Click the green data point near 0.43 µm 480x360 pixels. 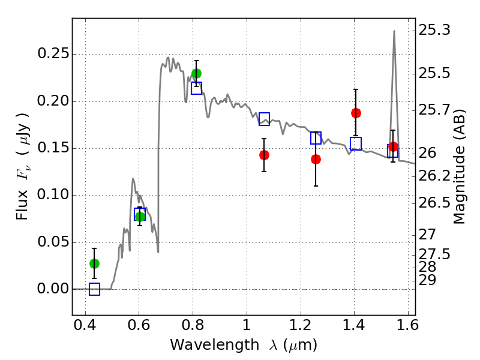point(94,263)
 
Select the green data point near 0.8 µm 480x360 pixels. point(196,73)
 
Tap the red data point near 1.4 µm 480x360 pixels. point(356,113)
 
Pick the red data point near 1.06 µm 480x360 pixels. point(264,155)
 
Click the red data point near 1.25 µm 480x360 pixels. point(316,159)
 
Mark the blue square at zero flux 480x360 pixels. point(94,289)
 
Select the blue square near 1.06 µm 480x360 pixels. point(264,119)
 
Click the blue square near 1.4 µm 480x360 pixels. point(356,143)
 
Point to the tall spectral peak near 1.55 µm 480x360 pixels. point(394,31)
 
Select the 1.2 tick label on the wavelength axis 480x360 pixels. point(301,325)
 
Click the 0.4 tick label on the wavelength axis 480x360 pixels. point(85,325)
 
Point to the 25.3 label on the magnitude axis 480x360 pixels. point(434,30)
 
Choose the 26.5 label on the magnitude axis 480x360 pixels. point(434,203)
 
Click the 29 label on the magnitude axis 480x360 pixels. point(427,280)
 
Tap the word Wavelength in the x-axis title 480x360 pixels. point(215,344)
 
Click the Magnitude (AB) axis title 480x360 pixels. point(459,167)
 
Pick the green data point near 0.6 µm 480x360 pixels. point(140,217)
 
